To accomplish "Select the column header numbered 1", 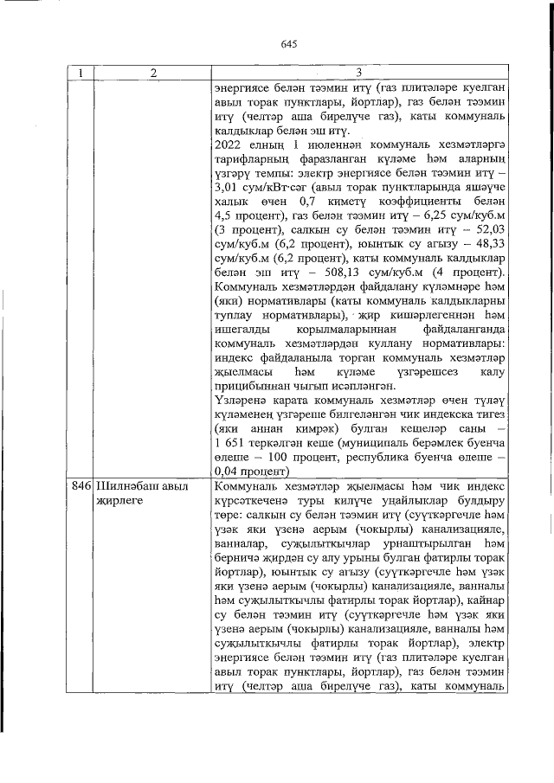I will pyautogui.click(x=81, y=73).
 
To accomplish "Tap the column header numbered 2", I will pyautogui.click(x=152, y=73).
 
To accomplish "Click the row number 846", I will pyautogui.click(x=81, y=486).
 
